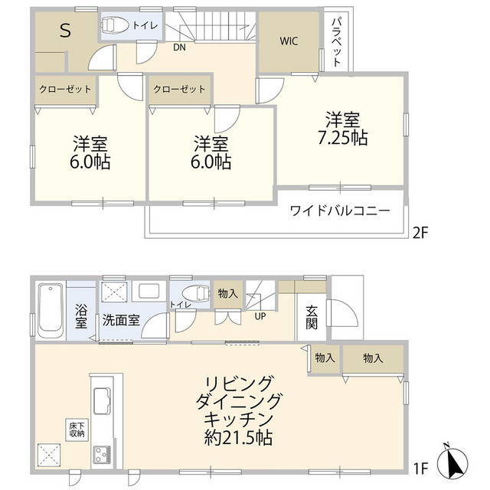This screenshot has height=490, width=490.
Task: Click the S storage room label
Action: coord(65,31)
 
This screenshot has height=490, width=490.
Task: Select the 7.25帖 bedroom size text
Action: coord(341,129)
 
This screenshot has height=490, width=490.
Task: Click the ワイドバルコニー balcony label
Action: coord(340,211)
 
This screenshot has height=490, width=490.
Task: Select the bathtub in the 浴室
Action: coord(51,310)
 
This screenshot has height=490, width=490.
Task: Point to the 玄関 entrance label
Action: coord(312,316)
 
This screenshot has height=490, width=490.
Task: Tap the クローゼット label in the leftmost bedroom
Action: coord(65,89)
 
